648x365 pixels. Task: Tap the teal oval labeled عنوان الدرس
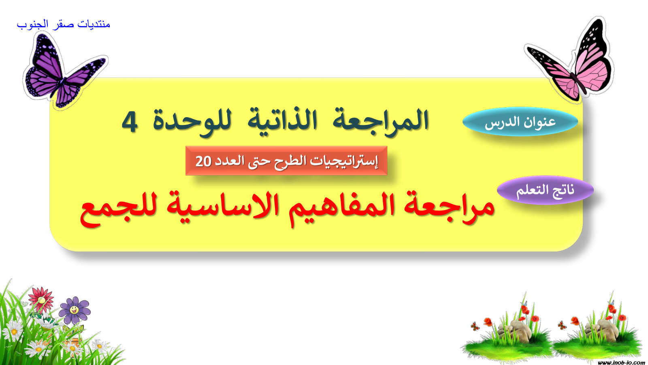[520, 122]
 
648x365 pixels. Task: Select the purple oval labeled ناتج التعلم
[545, 190]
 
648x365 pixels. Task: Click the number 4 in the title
[129, 122]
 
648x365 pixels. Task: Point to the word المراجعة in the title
[381, 120]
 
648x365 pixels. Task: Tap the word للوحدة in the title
[192, 122]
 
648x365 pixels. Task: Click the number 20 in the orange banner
[203, 161]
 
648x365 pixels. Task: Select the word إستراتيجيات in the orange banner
[344, 161]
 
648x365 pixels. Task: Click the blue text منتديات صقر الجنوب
[63, 24]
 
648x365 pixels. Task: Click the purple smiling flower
[75, 310]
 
